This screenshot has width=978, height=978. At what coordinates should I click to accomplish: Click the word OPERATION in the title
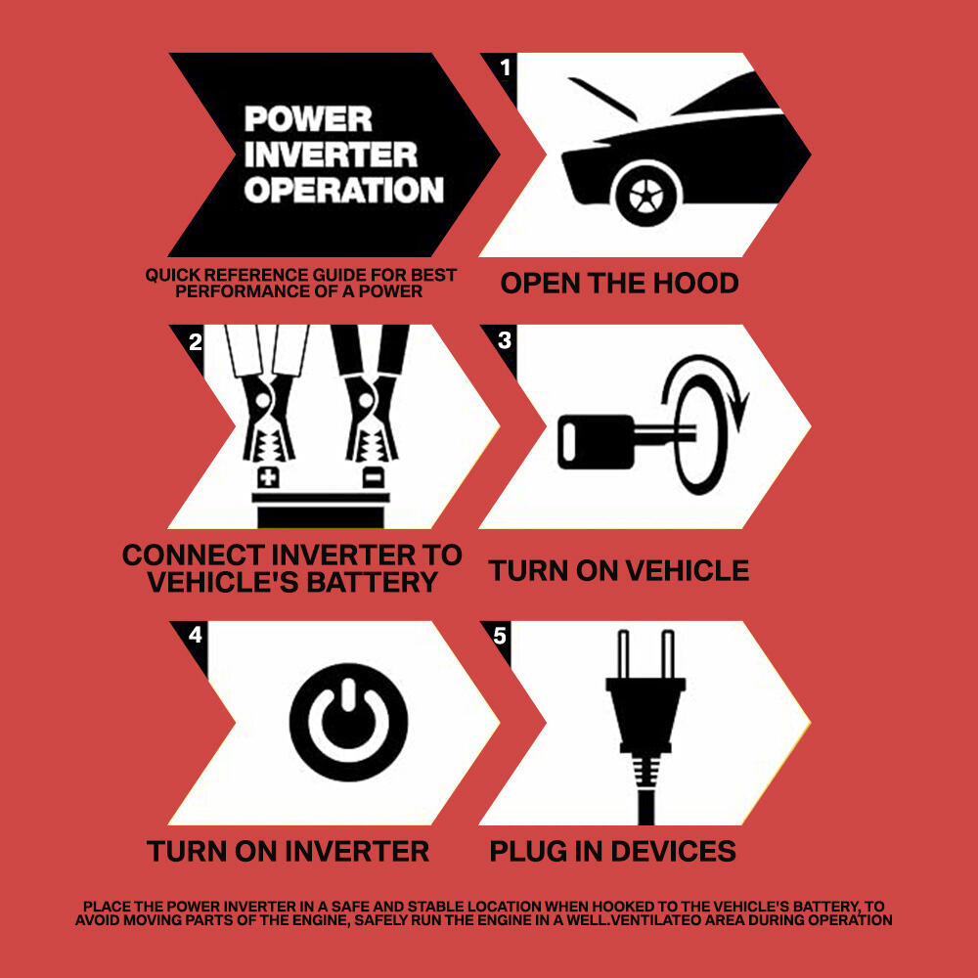click(x=343, y=191)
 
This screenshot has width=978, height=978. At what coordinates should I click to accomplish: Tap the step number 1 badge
click(x=506, y=67)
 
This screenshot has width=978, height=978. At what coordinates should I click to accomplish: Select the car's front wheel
click(x=645, y=195)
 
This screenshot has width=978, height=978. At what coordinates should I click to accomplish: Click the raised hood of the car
click(x=602, y=99)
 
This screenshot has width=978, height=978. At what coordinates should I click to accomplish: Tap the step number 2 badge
click(x=196, y=341)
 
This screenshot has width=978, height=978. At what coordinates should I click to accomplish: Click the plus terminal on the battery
click(x=268, y=478)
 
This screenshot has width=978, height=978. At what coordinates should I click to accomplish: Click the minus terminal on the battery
click(x=374, y=478)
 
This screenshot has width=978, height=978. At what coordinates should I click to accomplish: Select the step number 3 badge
click(x=505, y=340)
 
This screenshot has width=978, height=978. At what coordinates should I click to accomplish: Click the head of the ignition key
click(x=597, y=442)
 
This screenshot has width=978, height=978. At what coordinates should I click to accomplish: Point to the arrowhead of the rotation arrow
click(x=739, y=409)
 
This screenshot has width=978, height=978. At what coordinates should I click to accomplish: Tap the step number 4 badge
click(x=196, y=635)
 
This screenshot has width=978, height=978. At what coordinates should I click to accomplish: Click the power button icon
click(x=349, y=723)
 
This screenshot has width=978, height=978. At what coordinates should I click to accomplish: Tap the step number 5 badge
click(x=500, y=636)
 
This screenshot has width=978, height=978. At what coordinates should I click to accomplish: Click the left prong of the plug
click(x=622, y=654)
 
